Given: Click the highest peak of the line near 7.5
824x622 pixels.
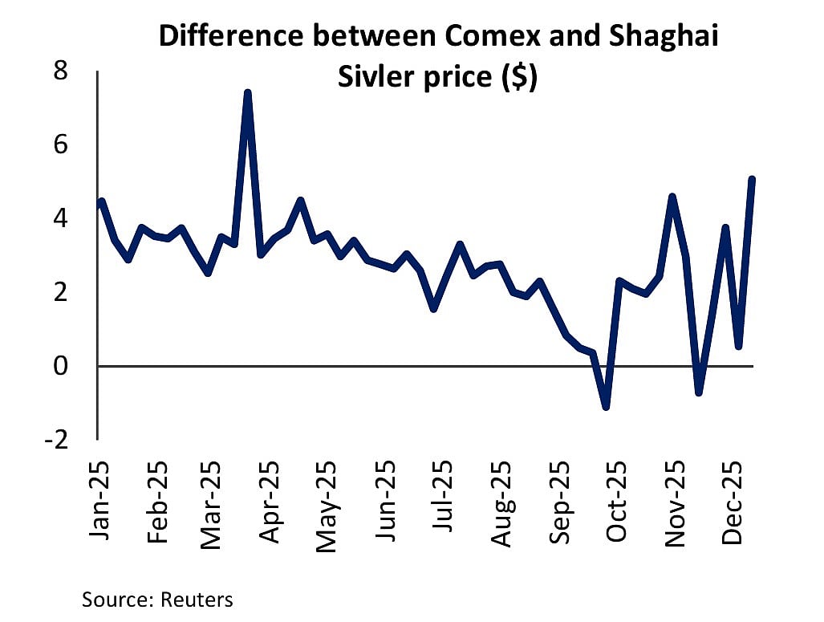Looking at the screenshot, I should tap(247, 93).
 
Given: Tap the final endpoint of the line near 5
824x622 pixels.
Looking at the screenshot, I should tap(752, 179).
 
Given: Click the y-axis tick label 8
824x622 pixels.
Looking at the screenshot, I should tap(60, 71).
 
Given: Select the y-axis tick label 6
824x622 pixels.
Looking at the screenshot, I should tap(60, 145).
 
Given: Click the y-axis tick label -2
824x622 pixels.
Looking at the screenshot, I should tap(55, 440).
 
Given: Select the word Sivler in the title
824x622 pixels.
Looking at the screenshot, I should tap(372, 79).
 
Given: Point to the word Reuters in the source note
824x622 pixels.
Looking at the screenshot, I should tap(197, 600).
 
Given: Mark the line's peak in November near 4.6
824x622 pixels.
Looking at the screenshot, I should tap(672, 197).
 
